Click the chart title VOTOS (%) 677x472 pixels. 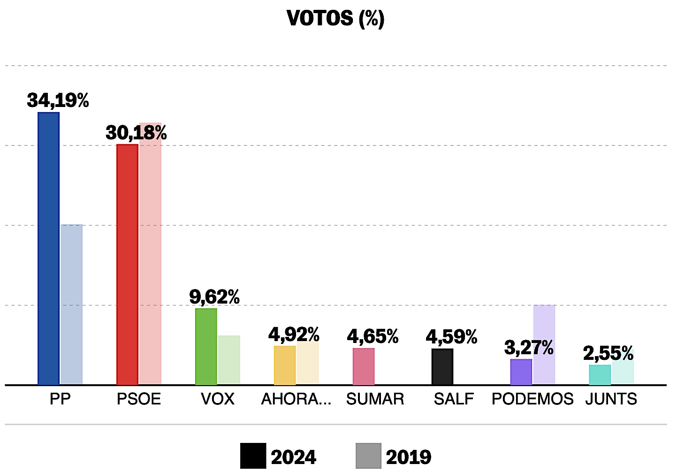[x=335, y=19]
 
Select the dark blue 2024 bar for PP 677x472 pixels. [x=48, y=249]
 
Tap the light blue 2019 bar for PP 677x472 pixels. [x=71, y=305]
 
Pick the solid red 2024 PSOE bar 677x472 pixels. [x=127, y=265]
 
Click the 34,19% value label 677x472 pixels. [x=58, y=100]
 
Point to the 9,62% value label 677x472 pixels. [x=214, y=297]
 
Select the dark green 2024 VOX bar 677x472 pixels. [x=206, y=347]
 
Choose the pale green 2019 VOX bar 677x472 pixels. [x=229, y=360]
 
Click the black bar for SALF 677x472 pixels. [x=442, y=367]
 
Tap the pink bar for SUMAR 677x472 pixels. [x=364, y=366]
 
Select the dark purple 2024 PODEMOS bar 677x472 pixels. [x=521, y=372]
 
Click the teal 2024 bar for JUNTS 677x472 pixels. [x=600, y=375]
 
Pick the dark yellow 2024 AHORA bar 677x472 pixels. [x=285, y=365]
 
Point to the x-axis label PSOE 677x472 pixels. [x=139, y=399]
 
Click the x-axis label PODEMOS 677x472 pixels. [x=532, y=399]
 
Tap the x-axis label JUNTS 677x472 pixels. [x=611, y=399]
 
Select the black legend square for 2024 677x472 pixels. [x=253, y=456]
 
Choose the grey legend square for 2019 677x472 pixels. [x=368, y=456]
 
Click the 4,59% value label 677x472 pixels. [x=451, y=337]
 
